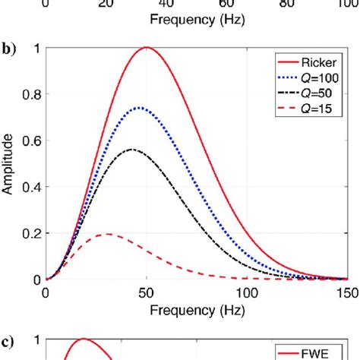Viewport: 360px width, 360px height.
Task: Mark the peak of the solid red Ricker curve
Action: (147, 48)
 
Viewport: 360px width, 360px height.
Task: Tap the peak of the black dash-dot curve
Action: (133, 150)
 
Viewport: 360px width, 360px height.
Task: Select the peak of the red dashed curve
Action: (108, 234)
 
